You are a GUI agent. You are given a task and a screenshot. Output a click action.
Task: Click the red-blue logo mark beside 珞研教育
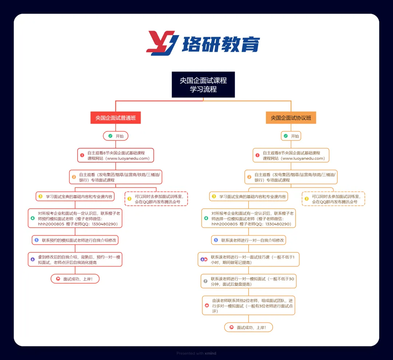click(162, 43)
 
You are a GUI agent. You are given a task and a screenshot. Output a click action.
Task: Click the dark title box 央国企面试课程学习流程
click(203, 84)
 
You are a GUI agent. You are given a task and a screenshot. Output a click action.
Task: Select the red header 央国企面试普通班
click(115, 118)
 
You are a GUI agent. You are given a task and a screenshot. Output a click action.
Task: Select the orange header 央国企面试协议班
click(291, 118)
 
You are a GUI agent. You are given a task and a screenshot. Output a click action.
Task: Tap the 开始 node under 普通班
click(116, 136)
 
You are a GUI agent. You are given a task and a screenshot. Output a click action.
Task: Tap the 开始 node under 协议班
click(291, 136)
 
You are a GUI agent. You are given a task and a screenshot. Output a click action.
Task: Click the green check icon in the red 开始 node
click(110, 136)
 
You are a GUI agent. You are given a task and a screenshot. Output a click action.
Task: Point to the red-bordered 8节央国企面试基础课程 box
click(116, 155)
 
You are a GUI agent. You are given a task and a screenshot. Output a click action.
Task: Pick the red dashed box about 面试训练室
click(156, 199)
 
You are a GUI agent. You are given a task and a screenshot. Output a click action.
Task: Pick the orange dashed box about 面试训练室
click(333, 199)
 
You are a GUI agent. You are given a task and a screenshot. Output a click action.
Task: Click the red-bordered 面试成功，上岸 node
click(75, 279)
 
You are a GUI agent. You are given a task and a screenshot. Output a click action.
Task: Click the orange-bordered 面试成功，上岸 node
click(249, 327)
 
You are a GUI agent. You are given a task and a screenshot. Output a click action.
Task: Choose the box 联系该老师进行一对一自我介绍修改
click(249, 240)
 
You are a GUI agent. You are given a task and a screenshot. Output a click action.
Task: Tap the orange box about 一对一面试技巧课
click(249, 259)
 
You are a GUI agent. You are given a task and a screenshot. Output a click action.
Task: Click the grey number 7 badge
click(206, 281)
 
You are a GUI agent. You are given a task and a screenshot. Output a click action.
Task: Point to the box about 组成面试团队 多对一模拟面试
click(249, 305)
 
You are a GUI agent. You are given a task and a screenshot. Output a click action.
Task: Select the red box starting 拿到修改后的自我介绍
click(75, 259)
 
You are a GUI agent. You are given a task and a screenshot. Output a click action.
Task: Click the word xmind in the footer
click(210, 353)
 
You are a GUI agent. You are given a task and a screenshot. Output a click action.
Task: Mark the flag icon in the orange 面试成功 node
click(231, 327)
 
